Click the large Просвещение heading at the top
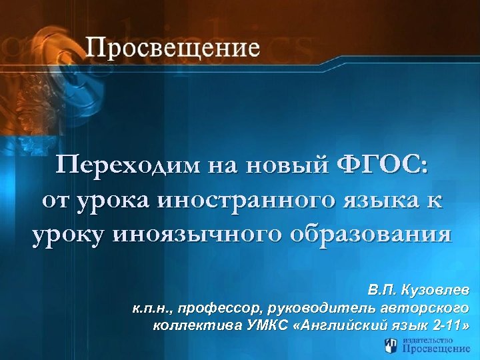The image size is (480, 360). click(172, 49)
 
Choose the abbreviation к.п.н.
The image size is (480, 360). click(152, 309)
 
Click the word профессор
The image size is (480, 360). click(219, 309)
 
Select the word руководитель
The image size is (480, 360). click(319, 309)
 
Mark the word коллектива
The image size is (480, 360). click(188, 326)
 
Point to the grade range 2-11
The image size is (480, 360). click(447, 326)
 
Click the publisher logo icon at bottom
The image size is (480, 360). click(392, 345)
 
